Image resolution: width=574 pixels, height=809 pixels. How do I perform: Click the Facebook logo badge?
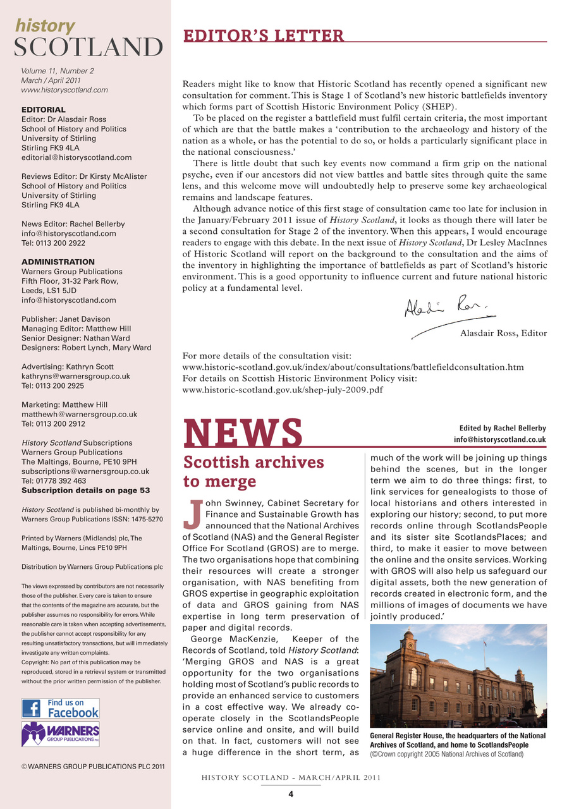tap(61, 708)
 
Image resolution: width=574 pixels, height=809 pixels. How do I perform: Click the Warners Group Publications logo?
tap(61, 734)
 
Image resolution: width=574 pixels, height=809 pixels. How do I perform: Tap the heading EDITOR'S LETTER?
tap(264, 35)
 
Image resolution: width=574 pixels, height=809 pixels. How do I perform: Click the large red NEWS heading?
tap(243, 432)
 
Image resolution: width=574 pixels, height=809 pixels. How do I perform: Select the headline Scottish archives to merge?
tap(253, 471)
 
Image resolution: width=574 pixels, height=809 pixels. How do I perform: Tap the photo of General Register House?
tap(458, 676)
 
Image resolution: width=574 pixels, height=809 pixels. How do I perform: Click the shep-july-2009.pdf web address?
tap(282, 390)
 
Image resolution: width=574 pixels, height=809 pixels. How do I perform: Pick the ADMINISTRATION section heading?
tap(58, 262)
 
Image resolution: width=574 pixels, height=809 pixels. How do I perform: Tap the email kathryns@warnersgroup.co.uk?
tap(76, 376)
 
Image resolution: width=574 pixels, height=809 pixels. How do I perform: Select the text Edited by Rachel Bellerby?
tap(498, 428)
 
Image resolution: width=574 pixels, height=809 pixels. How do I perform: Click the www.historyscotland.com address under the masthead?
tap(64, 90)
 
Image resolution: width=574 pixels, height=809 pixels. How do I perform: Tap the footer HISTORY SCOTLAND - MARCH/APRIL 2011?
tap(290, 778)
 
